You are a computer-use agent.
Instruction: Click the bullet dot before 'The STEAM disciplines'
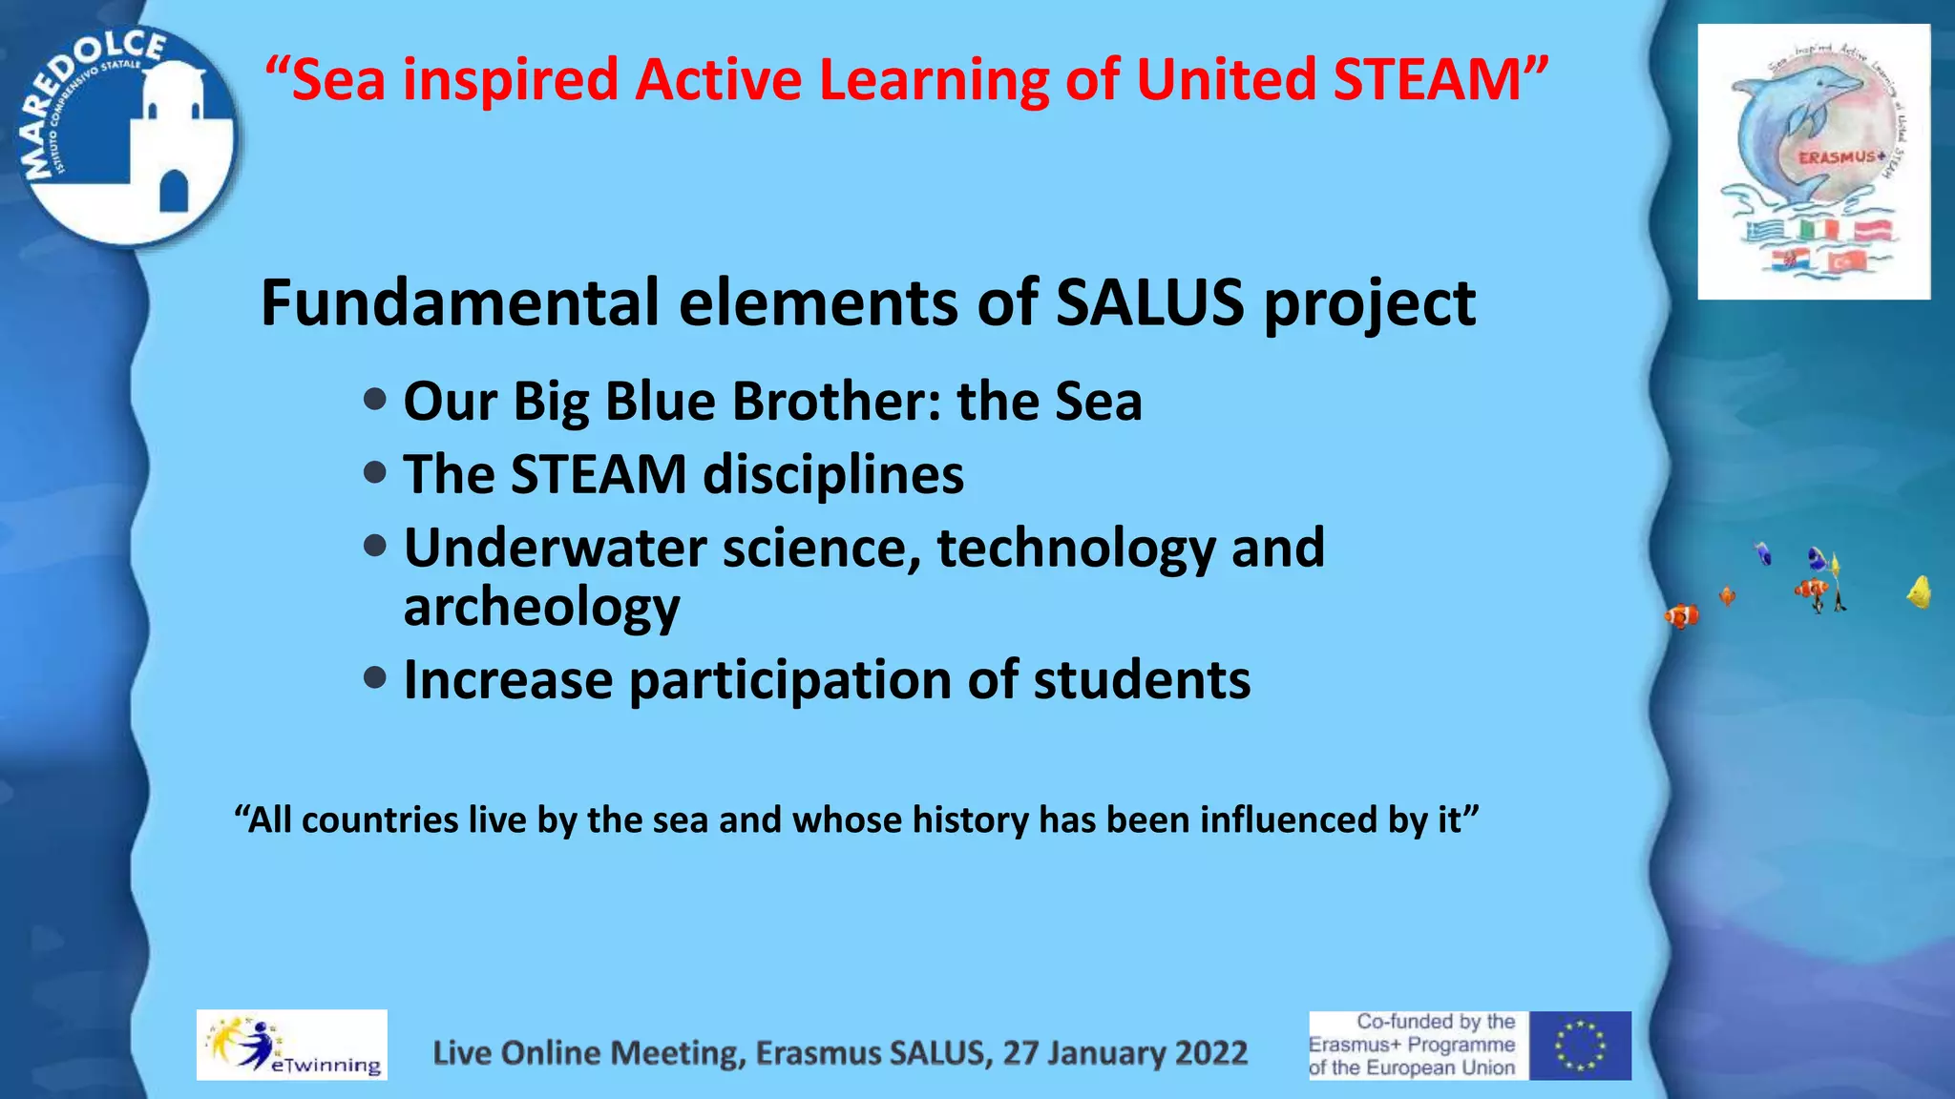click(x=375, y=472)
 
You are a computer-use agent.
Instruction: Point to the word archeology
click(x=541, y=608)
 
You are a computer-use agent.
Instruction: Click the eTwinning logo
click(x=291, y=1045)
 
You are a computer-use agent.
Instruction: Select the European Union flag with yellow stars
click(x=1580, y=1046)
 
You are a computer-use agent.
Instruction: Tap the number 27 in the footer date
click(x=1020, y=1052)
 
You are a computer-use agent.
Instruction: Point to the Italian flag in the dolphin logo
click(x=1818, y=230)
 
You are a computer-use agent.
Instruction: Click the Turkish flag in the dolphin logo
click(x=1846, y=259)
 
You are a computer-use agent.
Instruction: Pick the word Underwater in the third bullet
click(x=555, y=549)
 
